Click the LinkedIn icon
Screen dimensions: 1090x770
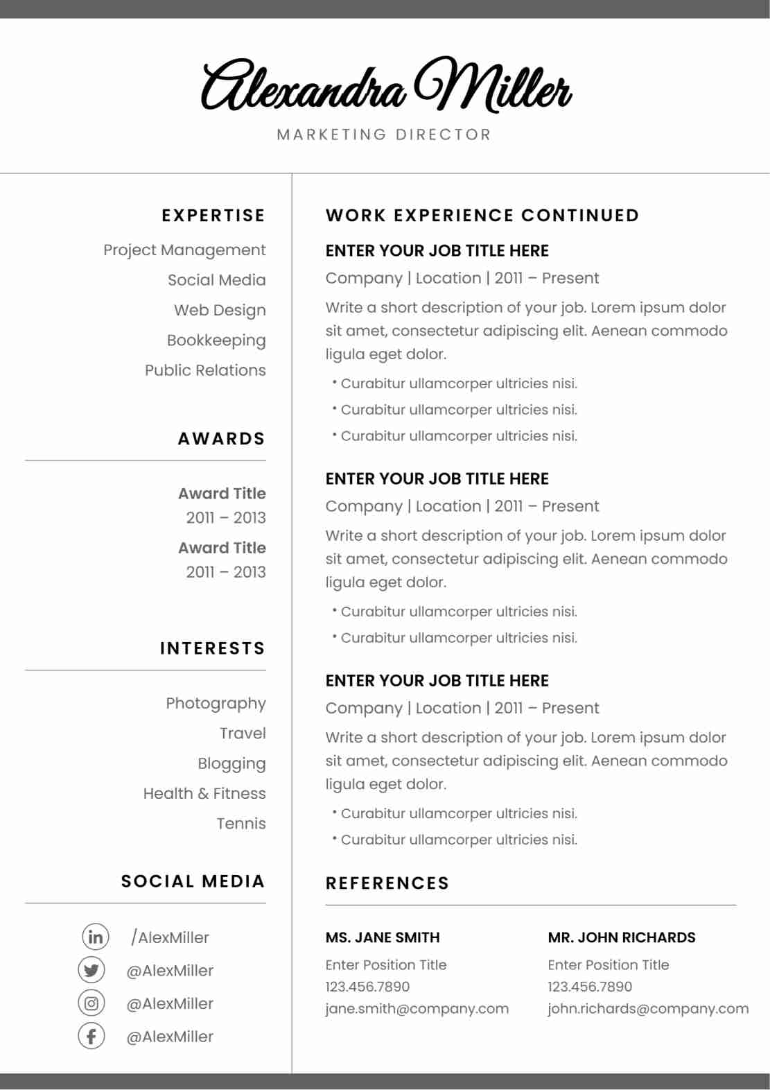[x=95, y=937]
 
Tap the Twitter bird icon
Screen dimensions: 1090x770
[x=91, y=970]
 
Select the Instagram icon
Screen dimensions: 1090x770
[x=91, y=1003]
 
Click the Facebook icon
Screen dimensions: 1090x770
[x=91, y=1036]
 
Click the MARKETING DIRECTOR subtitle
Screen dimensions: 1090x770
[x=384, y=135]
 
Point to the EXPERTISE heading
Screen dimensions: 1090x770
[x=213, y=216]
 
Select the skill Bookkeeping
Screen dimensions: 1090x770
[x=216, y=340]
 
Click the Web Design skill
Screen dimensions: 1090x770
[x=220, y=310]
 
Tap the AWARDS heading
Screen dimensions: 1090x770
[x=222, y=439]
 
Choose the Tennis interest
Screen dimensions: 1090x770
[x=241, y=824]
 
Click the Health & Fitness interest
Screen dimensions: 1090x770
[x=204, y=793]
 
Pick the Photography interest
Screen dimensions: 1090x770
[x=216, y=703]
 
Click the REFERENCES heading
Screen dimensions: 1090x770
[x=387, y=883]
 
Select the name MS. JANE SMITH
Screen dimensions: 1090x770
[x=383, y=937]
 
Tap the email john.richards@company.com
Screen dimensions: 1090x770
[x=648, y=1009]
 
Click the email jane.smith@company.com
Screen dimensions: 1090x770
[x=417, y=1009]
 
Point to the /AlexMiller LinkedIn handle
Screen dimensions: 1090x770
[x=170, y=937]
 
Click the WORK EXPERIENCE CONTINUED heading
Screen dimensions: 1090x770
[x=482, y=216]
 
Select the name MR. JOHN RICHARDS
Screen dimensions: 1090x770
[x=622, y=937]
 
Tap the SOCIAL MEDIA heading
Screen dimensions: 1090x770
[x=193, y=881]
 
